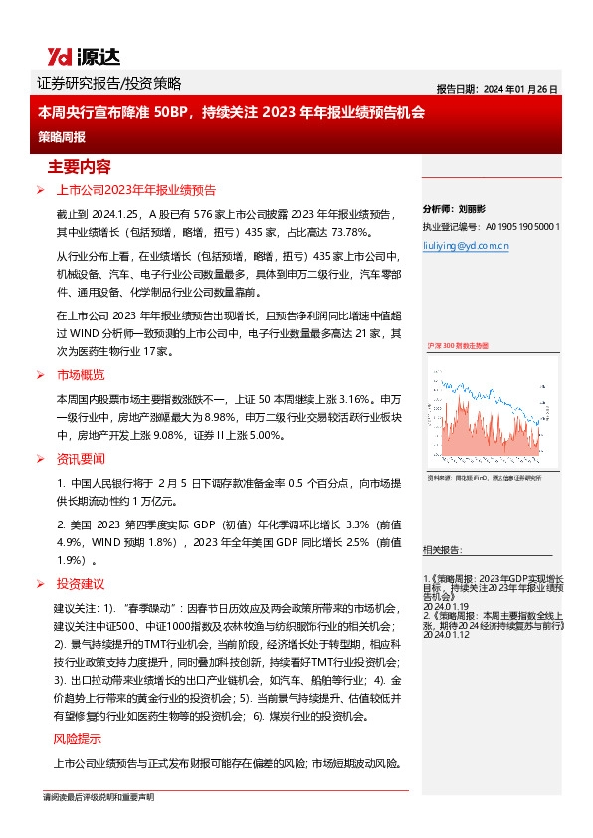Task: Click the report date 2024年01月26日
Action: point(496,88)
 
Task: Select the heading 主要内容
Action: point(79,165)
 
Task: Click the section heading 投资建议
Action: point(81,584)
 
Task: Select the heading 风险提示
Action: point(77,739)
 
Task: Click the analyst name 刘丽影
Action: point(476,210)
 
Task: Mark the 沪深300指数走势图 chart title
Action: point(457,345)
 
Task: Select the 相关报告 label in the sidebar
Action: point(441,549)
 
